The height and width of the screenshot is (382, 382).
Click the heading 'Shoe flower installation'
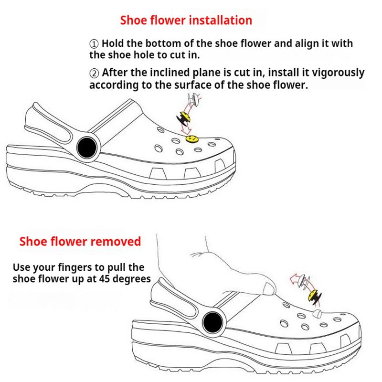186,21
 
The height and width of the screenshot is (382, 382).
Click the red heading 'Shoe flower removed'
80,241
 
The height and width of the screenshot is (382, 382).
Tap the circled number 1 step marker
94,44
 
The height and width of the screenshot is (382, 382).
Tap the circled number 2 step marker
94,74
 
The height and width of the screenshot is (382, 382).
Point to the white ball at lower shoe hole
317,314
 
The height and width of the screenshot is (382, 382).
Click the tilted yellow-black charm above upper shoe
184,117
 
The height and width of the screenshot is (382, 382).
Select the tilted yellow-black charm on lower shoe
316,297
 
